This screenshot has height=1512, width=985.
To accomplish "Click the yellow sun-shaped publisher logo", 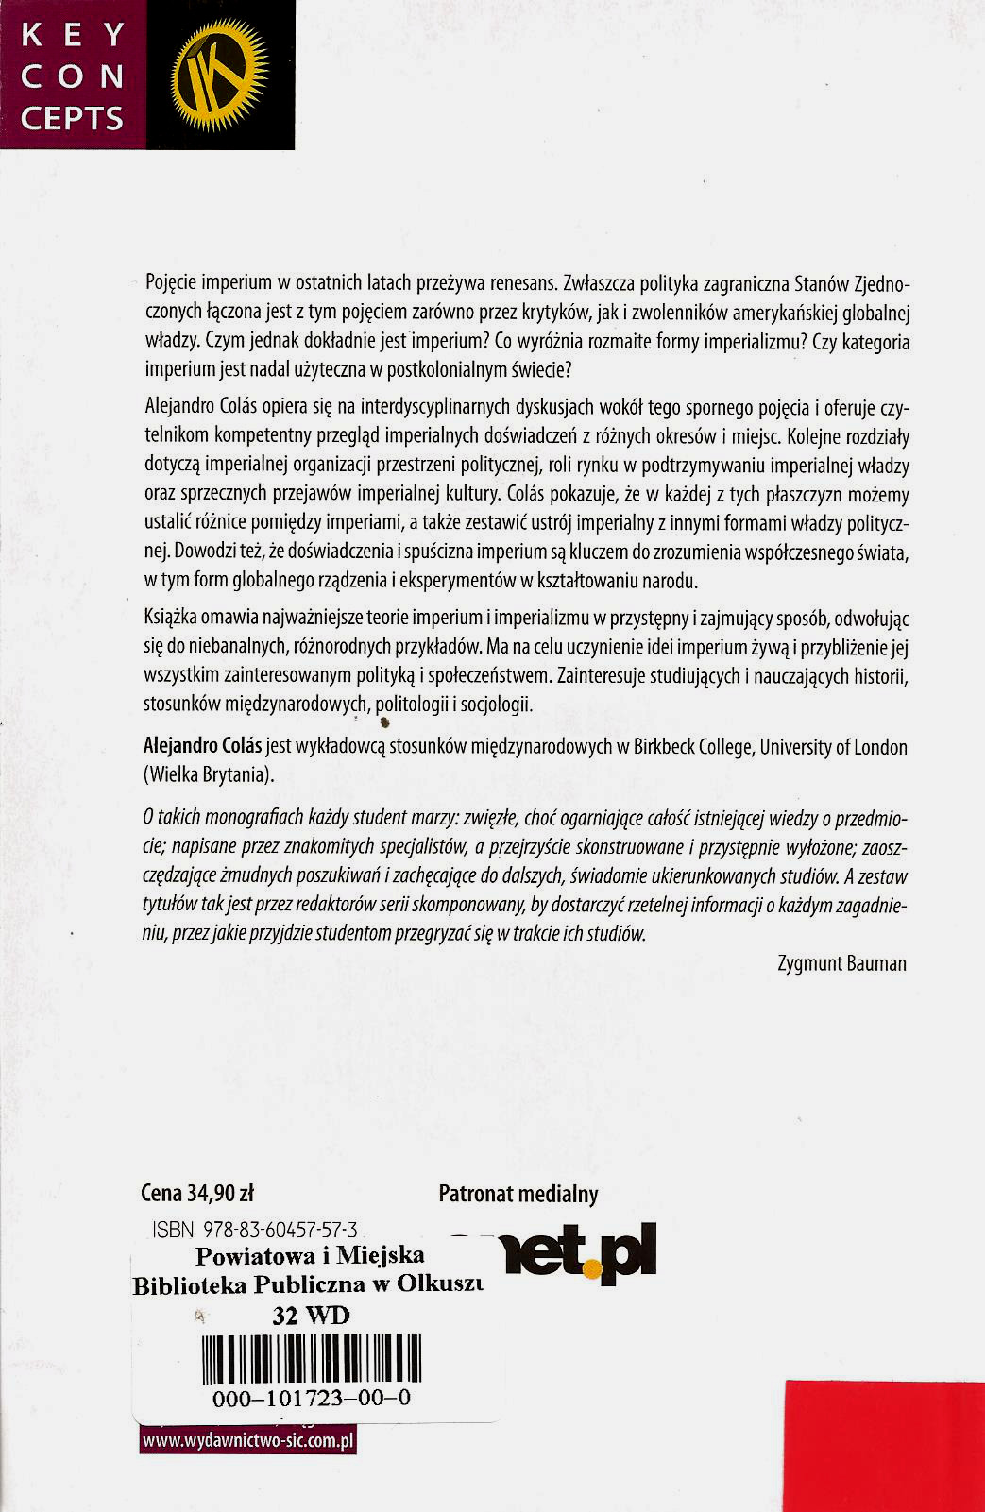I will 219,76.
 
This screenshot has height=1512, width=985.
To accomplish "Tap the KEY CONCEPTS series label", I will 73,76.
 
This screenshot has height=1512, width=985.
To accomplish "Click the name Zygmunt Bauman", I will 841,964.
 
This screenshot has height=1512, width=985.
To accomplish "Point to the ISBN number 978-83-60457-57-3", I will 254,1230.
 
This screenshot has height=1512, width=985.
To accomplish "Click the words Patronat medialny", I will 518,1194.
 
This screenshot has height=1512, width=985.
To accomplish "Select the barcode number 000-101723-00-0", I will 312,1399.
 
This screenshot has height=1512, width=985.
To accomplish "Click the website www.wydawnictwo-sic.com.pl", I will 247,1441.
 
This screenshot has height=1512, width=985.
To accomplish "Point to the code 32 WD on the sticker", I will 310,1316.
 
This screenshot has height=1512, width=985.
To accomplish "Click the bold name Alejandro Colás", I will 202,747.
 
